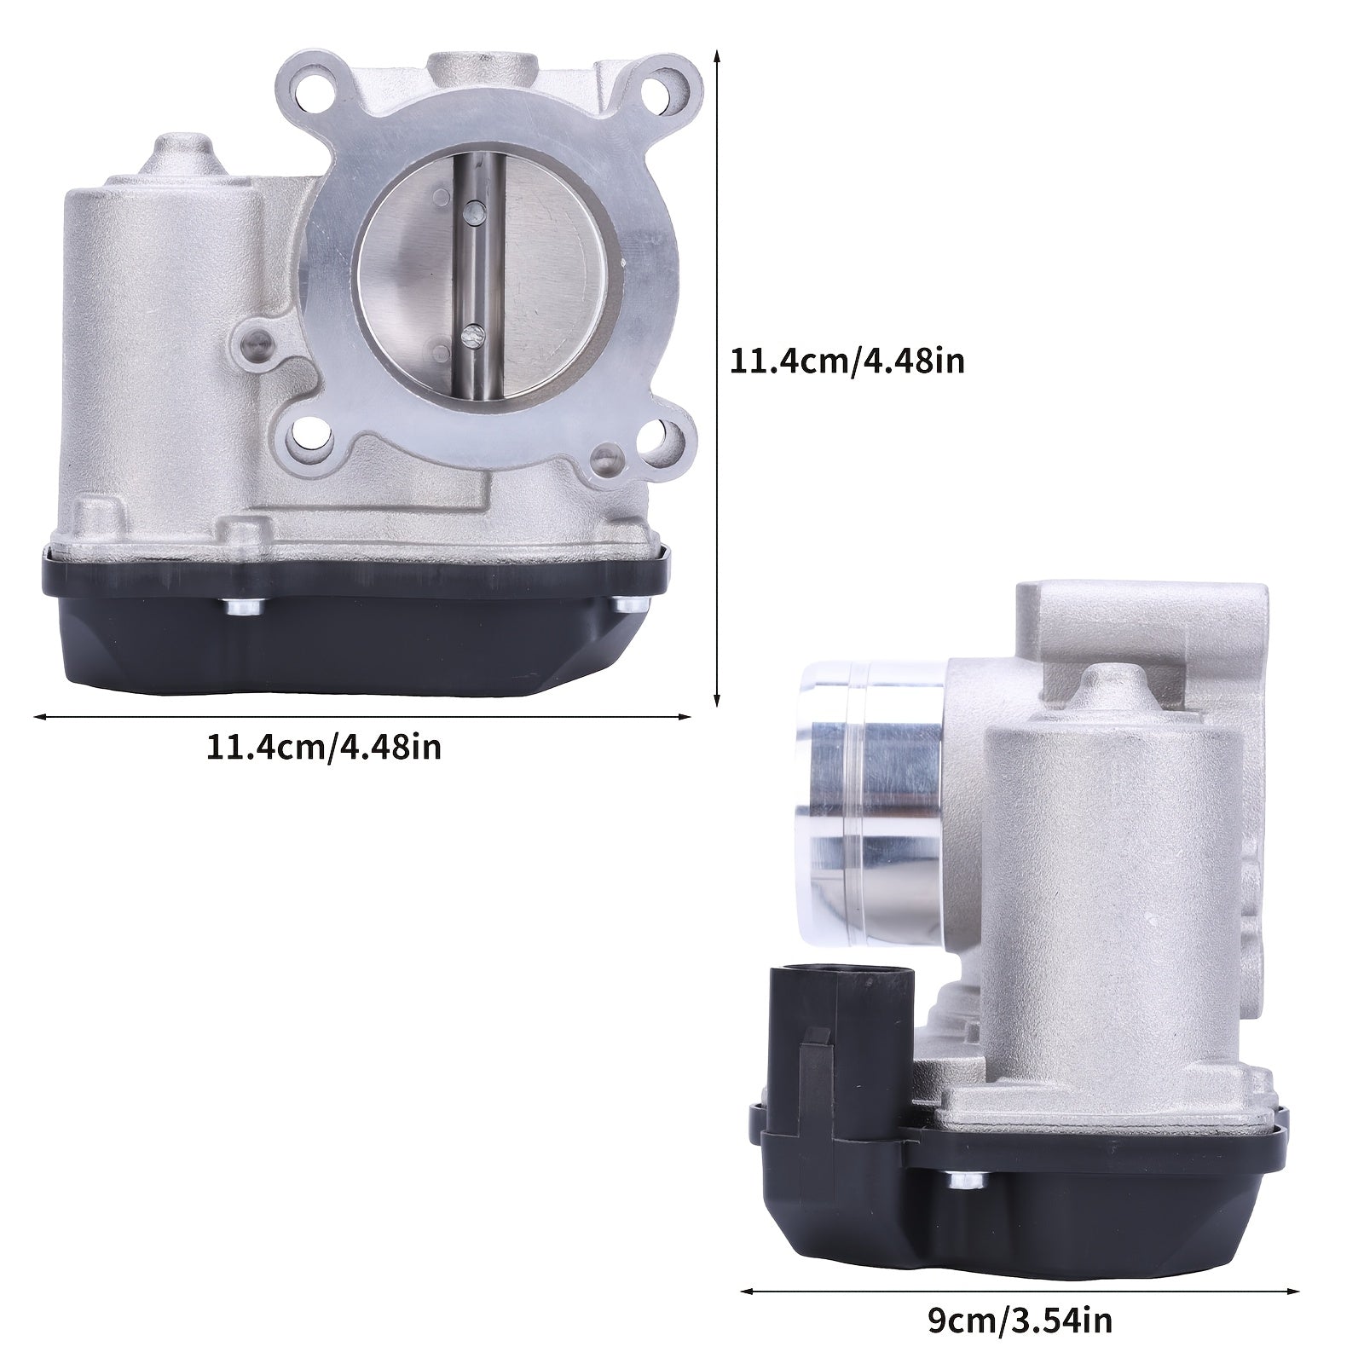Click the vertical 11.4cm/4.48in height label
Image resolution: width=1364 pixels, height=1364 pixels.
pos(847,361)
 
